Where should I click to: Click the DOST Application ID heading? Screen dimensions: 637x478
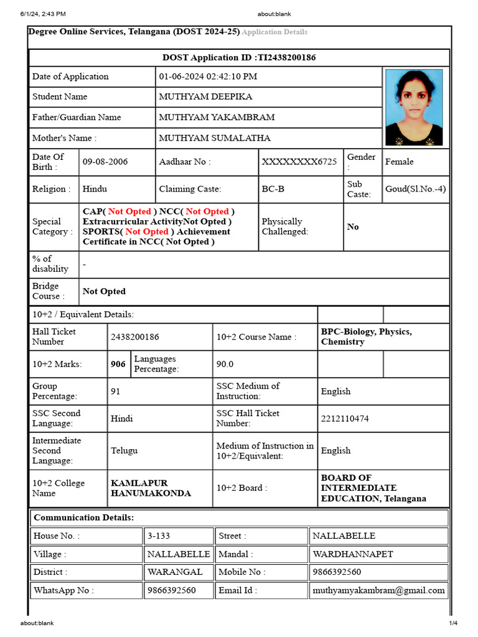click(239, 58)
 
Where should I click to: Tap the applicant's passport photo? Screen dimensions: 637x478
click(414, 107)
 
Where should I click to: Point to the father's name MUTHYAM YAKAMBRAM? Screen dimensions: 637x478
click(217, 118)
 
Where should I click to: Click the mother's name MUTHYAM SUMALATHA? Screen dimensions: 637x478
click(215, 138)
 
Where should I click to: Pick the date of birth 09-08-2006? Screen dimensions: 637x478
click(105, 162)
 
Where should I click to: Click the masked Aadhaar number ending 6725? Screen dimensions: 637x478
click(299, 162)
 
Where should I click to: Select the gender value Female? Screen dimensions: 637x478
click(399, 162)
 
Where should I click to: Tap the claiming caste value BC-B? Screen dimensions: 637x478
click(273, 189)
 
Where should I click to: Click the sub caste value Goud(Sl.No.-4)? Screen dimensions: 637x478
click(415, 189)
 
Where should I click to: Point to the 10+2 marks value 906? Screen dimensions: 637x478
click(118, 365)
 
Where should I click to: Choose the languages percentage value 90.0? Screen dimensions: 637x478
click(225, 365)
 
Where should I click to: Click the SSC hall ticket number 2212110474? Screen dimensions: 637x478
click(345, 419)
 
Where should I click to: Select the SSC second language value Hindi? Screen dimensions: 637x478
click(122, 419)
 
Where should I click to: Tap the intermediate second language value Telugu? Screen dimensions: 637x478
click(124, 450)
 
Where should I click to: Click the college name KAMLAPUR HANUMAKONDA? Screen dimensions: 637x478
click(151, 488)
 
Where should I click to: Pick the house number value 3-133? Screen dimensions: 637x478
click(158, 536)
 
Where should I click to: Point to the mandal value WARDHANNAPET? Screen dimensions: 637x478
click(352, 554)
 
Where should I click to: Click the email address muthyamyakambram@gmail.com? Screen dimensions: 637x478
click(378, 590)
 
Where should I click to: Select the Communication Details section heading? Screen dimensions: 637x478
click(83, 518)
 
